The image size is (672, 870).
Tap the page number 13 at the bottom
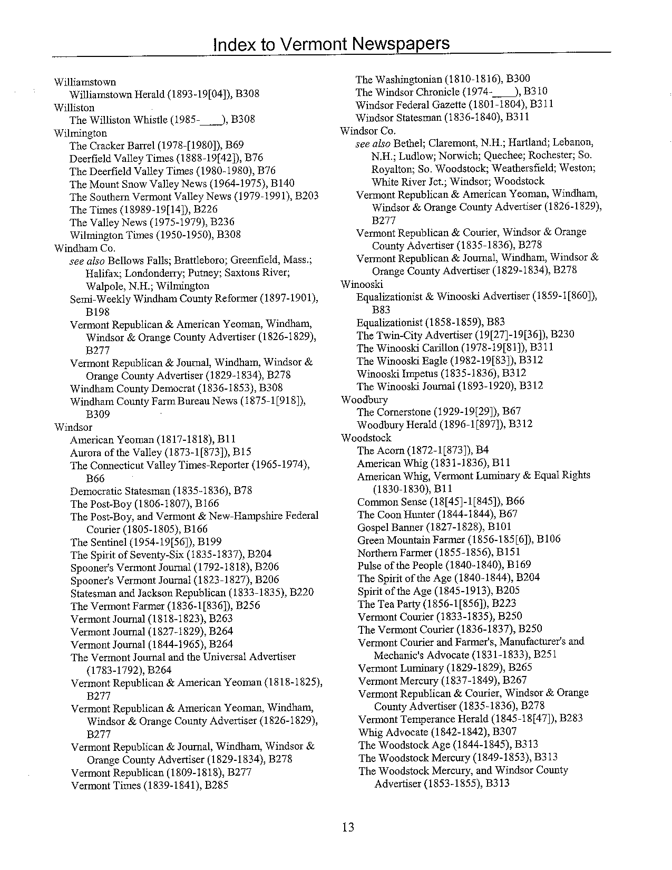348,827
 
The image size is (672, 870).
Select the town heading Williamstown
85,82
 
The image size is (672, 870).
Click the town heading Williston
74,108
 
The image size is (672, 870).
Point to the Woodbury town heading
364,400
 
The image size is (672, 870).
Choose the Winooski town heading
362,285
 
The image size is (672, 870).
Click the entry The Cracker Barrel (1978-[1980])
156,145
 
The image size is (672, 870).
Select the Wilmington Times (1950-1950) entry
155,235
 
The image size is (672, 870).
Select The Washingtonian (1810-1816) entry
443,79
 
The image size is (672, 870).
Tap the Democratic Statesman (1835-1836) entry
161,491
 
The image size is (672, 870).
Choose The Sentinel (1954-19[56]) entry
145,542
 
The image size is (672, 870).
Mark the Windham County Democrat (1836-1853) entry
176,389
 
